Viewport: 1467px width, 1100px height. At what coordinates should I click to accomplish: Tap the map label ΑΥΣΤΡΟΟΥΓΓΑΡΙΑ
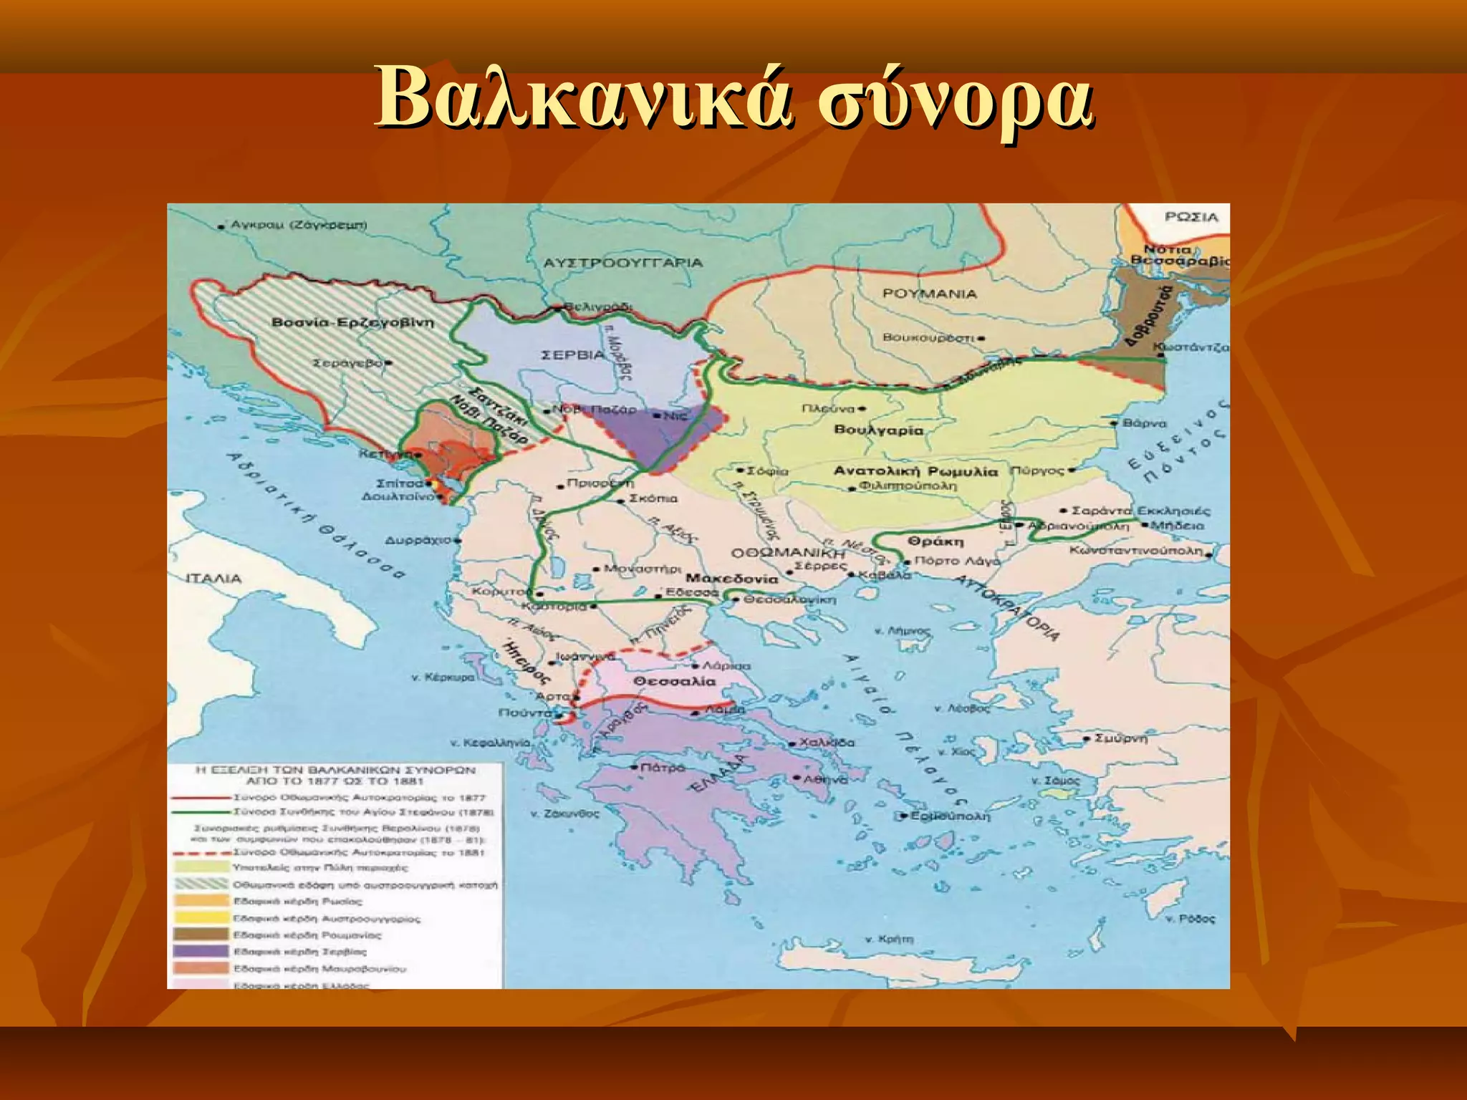click(x=622, y=263)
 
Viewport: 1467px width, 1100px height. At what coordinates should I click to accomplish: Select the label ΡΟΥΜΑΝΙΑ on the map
click(x=929, y=294)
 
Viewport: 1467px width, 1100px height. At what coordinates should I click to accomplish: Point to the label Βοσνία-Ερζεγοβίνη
click(x=352, y=323)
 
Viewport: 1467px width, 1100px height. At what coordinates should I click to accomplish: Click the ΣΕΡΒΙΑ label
click(x=573, y=355)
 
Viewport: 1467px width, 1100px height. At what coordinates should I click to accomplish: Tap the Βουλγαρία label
click(x=879, y=430)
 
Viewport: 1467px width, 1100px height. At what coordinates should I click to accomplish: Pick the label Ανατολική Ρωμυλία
click(x=915, y=471)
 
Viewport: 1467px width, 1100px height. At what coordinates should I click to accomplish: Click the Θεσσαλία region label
click(x=674, y=681)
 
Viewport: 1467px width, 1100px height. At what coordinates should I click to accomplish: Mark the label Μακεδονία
click(x=731, y=579)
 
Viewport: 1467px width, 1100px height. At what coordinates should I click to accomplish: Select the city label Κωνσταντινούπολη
click(x=1136, y=551)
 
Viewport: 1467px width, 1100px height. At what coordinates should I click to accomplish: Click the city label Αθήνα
click(x=825, y=778)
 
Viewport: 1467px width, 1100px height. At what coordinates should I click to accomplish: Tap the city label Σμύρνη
click(x=1121, y=738)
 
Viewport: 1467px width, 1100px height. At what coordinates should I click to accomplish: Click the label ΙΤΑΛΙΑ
click(x=213, y=579)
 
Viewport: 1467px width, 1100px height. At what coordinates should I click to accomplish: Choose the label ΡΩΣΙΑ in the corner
click(x=1191, y=217)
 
